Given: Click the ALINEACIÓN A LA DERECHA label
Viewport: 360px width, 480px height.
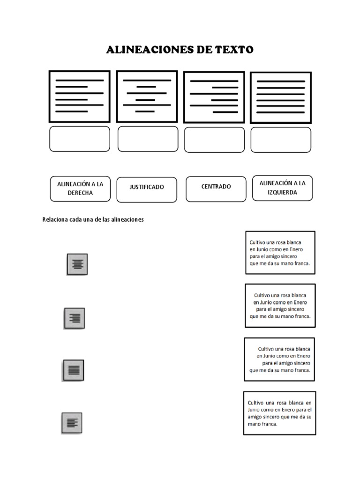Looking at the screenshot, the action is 80,188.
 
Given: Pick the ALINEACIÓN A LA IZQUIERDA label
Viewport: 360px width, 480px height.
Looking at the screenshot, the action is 282,188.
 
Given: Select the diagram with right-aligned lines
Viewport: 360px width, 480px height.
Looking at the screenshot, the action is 214,97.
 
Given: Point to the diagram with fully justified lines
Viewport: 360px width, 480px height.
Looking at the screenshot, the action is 280,97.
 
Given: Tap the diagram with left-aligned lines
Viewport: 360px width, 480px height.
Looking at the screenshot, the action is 80,96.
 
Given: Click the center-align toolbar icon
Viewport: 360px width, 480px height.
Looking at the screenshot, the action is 77,264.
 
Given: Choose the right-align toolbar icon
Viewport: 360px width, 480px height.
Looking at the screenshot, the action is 75,318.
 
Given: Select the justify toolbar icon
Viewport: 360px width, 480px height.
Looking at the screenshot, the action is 74,370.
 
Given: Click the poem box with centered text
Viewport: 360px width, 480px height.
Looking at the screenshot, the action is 280,305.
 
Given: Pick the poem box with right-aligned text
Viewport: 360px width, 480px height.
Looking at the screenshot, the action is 279,359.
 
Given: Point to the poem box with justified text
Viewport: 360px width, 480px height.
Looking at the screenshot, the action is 279,413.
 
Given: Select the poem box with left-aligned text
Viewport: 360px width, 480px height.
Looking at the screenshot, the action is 280,252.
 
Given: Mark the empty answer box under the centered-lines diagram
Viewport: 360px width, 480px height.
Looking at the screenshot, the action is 148,139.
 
